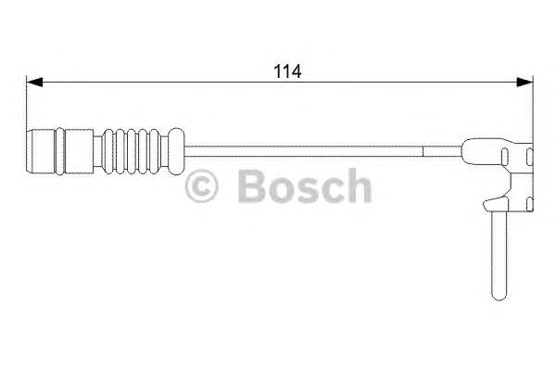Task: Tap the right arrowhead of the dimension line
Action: coord(526,83)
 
